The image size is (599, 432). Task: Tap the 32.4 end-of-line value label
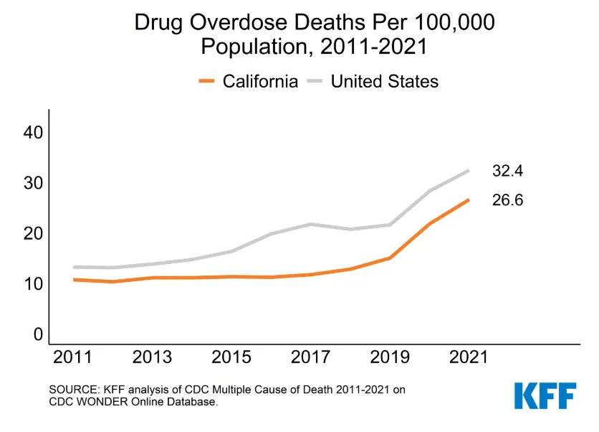tap(507, 172)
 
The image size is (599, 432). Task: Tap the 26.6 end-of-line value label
tap(507, 200)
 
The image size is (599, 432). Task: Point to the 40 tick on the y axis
tap(33, 133)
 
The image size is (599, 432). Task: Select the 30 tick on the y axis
tap(33, 183)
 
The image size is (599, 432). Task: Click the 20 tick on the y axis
tap(33, 234)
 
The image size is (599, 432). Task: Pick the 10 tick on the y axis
tap(33, 284)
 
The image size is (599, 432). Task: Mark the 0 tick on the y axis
tap(38, 334)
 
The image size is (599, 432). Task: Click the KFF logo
tap(545, 396)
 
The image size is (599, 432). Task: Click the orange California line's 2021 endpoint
tap(469, 199)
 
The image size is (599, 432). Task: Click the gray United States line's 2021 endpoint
tap(469, 171)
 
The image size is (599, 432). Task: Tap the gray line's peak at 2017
tap(311, 224)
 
